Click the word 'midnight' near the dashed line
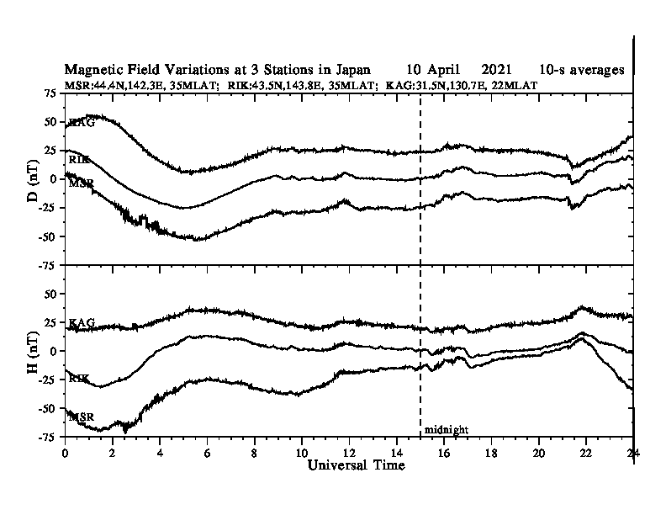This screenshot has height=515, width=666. (446, 430)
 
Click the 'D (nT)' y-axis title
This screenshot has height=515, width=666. (34, 178)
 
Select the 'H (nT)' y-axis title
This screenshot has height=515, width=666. (34, 351)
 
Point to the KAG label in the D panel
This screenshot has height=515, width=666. (81, 123)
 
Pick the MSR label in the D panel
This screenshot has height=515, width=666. (82, 183)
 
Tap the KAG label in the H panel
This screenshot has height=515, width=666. (82, 323)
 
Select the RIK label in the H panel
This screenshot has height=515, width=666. (79, 380)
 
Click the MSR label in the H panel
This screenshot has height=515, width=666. (82, 417)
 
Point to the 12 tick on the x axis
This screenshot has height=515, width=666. (350, 452)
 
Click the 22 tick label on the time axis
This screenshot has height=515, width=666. (586, 452)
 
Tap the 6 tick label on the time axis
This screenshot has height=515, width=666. (208, 452)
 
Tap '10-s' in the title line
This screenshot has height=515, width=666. (553, 70)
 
